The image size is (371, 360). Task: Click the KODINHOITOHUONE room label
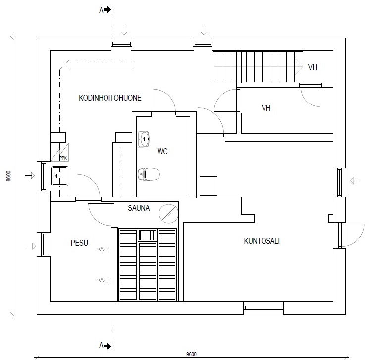coord(110,98)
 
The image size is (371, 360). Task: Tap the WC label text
coord(162,151)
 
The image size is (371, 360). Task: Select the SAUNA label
coord(139,208)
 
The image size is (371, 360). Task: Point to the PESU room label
coord(79,243)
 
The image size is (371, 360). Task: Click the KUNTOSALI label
coord(262,241)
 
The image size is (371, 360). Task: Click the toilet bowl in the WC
coord(149,174)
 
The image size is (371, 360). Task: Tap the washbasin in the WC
coord(143,139)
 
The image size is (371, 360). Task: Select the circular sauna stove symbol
coord(168,213)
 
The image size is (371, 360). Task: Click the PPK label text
coord(63,158)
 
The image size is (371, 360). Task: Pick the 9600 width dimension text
coord(191,354)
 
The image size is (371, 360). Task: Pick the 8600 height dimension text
coord(8,176)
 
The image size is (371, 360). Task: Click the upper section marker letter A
coord(101,10)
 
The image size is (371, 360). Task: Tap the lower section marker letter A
coord(101,346)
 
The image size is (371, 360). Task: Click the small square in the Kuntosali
coord(209,186)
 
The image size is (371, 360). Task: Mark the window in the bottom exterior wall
coord(264,308)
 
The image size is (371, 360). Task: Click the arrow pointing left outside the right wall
coord(355,181)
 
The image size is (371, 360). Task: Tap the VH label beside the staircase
coord(313,67)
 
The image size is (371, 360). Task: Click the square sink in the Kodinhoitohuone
coord(59,176)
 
